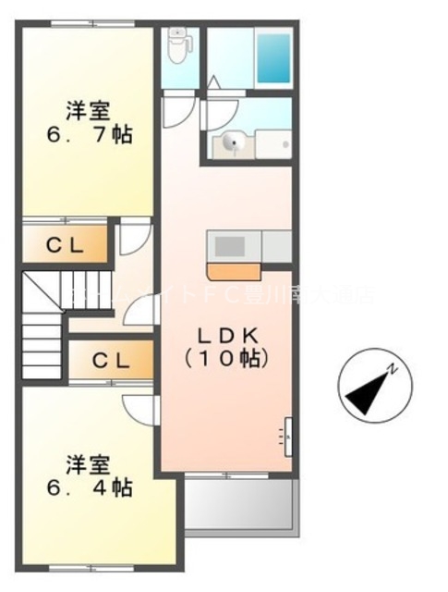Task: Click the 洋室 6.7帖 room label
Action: (x=88, y=123)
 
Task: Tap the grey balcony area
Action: (x=240, y=503)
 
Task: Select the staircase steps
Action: (x=42, y=319)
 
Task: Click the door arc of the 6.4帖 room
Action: (x=139, y=406)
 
